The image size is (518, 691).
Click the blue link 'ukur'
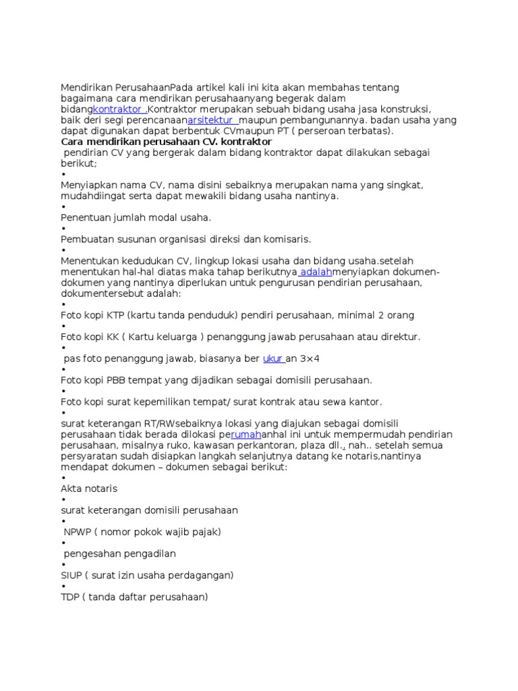(272, 358)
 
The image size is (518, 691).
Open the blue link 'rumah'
(246, 434)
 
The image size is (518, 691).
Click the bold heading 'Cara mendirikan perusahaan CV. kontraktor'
(166, 142)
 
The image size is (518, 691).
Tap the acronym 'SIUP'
(71, 575)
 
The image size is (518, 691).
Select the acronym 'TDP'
(70, 597)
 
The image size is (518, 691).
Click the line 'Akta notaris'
(89, 488)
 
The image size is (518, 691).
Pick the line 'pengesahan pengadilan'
(119, 553)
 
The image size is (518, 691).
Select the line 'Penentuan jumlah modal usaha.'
(136, 217)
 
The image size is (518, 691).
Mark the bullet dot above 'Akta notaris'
(63, 478)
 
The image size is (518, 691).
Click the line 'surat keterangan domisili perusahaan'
(149, 510)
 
